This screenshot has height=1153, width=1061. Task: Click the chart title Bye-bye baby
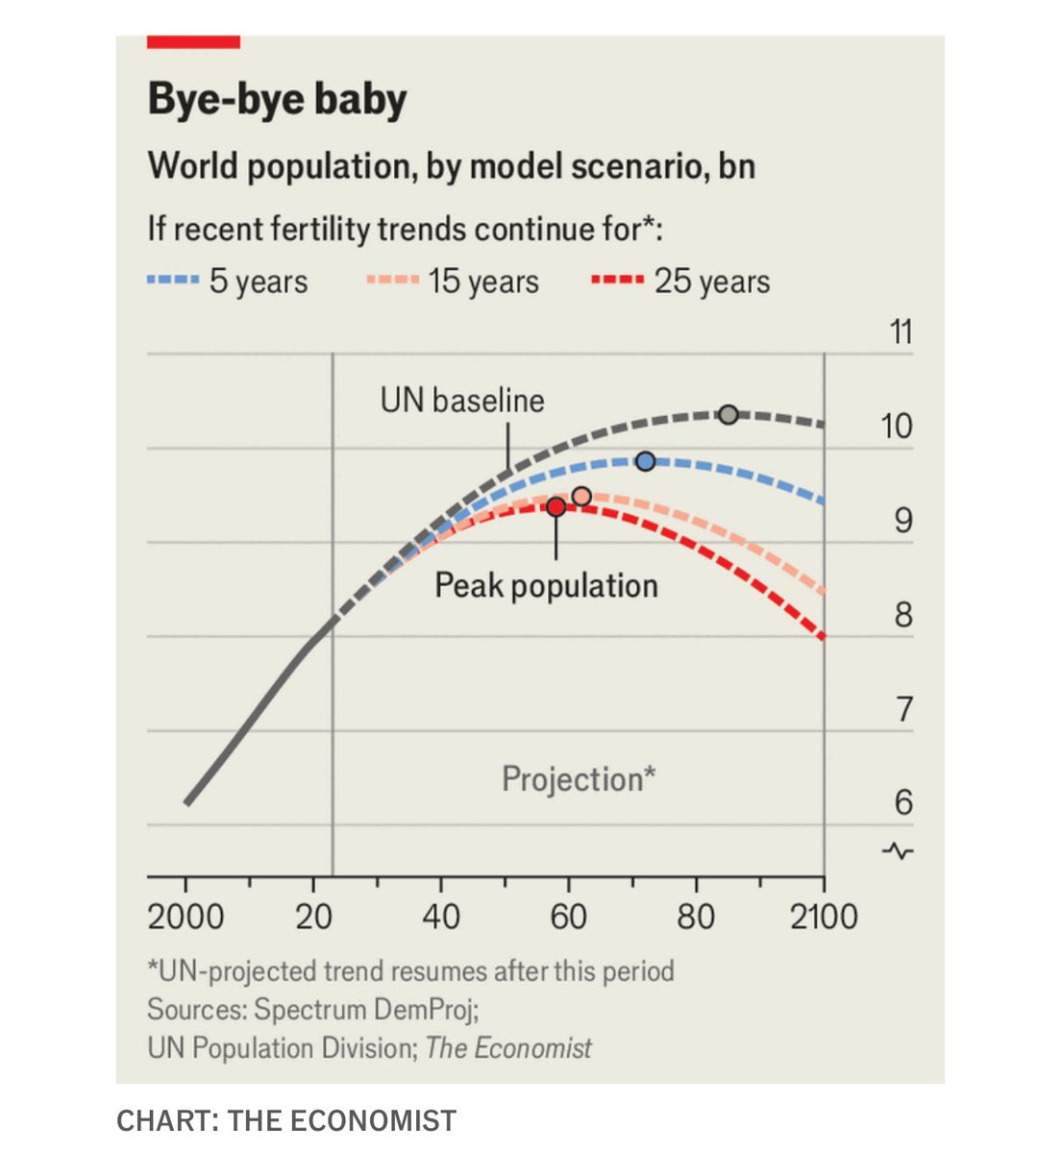277,100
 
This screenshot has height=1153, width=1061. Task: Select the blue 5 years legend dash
172,281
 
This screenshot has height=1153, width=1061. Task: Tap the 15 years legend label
483,282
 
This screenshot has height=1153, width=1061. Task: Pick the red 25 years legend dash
616,281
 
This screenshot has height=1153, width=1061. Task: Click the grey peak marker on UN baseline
728,414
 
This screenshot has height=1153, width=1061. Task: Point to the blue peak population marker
646,461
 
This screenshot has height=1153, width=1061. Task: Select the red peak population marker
555,506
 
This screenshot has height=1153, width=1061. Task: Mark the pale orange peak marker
581,496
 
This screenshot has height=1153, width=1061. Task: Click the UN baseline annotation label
462,400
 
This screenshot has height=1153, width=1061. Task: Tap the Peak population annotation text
546,585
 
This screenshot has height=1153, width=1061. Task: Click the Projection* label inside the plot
579,778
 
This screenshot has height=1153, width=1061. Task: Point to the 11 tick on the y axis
901,332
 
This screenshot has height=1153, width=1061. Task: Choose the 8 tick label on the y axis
902,614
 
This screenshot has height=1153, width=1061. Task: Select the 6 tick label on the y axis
902,802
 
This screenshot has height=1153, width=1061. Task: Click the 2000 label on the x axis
185,917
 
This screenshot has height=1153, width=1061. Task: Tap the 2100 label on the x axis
824,917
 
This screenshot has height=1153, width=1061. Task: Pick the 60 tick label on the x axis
568,917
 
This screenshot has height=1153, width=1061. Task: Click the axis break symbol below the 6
901,850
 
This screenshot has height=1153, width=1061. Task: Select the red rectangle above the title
193,41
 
